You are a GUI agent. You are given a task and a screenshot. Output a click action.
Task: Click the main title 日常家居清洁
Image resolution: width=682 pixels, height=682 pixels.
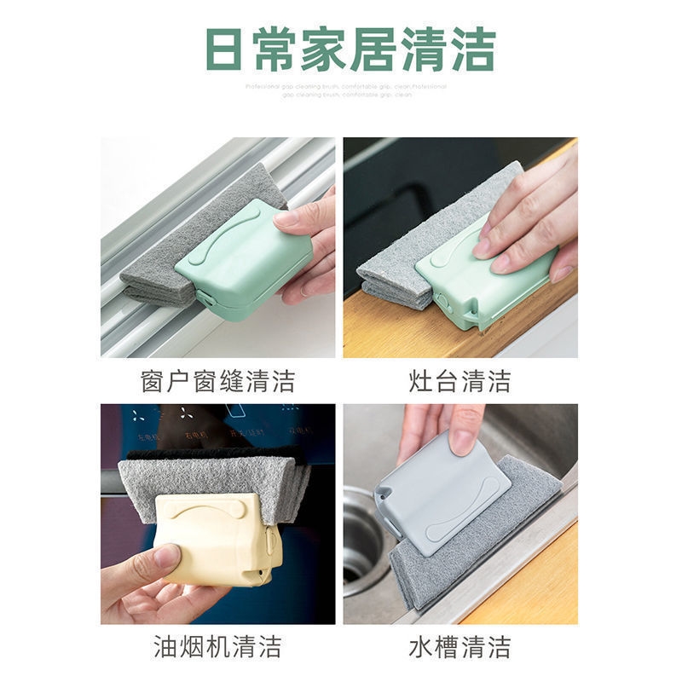coord(350,49)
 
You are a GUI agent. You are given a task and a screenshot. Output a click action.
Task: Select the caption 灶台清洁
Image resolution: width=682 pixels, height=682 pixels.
coord(459,380)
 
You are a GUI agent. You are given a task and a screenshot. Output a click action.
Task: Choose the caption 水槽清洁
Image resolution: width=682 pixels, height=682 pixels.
coord(459,645)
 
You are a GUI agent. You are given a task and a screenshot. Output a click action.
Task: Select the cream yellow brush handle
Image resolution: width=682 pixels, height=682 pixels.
coord(217,537)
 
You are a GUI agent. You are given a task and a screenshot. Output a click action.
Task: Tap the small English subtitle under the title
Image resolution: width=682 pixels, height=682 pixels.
coord(345,90)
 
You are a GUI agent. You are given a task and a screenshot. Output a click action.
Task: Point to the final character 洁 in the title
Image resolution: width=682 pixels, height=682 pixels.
coord(473,49)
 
